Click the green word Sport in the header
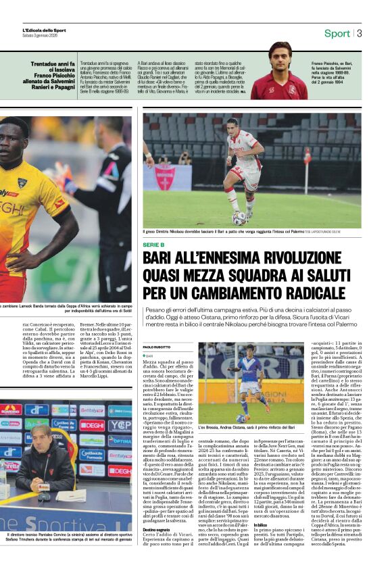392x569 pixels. tap(337, 33)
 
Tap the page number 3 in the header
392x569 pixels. tap(360, 33)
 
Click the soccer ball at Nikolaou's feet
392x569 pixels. tap(240, 218)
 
